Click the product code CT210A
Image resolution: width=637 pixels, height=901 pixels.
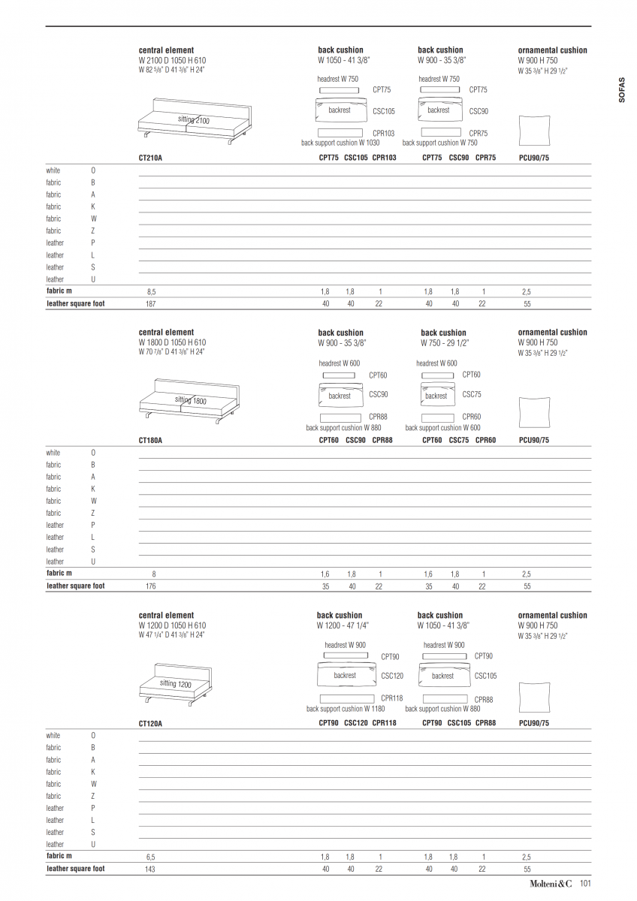tap(150, 158)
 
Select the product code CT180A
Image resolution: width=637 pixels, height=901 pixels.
tap(150, 441)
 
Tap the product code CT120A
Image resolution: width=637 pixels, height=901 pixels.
tap(150, 724)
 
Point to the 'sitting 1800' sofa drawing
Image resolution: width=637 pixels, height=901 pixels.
tap(189, 401)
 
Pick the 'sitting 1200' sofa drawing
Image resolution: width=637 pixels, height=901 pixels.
tap(177, 685)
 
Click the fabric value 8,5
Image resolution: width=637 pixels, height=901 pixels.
tap(152, 291)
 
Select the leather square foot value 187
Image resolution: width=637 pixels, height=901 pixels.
tap(151, 304)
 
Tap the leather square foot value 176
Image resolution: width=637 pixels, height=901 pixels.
tap(151, 586)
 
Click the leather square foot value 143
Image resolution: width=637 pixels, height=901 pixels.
tap(150, 869)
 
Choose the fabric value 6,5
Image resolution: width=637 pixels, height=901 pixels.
tap(151, 857)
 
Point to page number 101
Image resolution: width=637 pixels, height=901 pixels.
tap(586, 884)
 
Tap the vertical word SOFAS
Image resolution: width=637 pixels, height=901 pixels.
tap(621, 89)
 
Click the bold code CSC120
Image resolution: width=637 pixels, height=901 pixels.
tap(356, 723)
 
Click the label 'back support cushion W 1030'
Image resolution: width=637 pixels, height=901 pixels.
tap(340, 143)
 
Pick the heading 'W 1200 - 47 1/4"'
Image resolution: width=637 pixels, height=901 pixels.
tap(343, 625)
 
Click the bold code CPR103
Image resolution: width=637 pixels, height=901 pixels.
tap(384, 158)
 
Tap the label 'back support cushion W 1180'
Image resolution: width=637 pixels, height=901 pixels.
tap(346, 709)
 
